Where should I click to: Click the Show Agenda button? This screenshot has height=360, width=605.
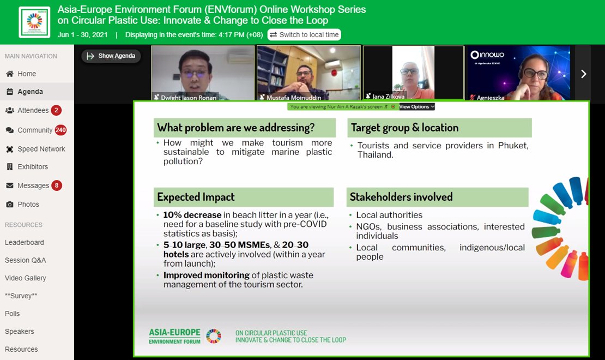[x=111, y=56]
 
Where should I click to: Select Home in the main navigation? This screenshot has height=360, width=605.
[x=26, y=74]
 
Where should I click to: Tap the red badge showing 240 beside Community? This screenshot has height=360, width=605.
[x=60, y=130]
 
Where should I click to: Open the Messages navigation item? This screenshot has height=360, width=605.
[x=33, y=185]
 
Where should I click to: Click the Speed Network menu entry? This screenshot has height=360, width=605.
[x=41, y=149]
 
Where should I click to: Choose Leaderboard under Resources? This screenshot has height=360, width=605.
[x=25, y=242]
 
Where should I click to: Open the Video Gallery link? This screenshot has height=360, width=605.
[x=26, y=278]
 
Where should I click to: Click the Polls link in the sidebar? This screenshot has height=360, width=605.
[x=13, y=314]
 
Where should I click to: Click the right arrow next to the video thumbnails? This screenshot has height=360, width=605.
[x=583, y=74]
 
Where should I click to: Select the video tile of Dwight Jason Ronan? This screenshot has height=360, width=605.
[x=203, y=73]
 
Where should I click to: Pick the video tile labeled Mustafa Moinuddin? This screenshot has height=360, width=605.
[x=308, y=73]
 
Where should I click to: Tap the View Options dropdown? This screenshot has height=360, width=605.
[x=417, y=107]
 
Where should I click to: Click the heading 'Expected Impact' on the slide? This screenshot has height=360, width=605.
[x=196, y=197]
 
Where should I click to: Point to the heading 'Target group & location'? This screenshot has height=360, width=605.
[x=404, y=128]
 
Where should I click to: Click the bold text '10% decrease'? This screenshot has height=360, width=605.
[x=192, y=215]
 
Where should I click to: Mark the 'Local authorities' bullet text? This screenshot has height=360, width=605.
[x=389, y=215]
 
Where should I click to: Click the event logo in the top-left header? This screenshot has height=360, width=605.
[x=34, y=22]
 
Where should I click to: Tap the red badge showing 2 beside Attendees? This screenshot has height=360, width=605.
[x=56, y=110]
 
